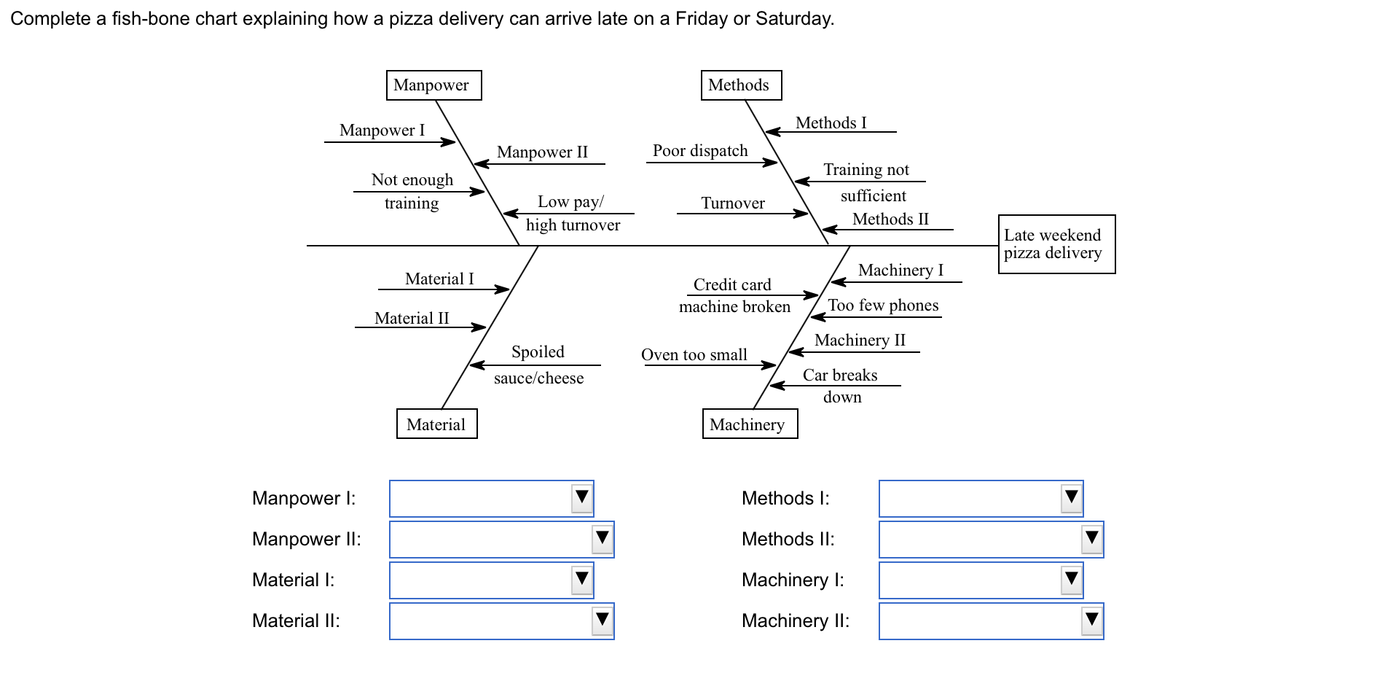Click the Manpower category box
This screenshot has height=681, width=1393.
[433, 85]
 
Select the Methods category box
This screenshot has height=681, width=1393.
[741, 85]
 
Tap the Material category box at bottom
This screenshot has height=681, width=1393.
[436, 424]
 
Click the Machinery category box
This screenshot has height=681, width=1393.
[750, 424]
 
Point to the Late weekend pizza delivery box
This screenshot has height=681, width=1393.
[1056, 244]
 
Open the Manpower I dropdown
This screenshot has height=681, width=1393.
[491, 499]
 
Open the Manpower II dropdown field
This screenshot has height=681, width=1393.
[501, 540]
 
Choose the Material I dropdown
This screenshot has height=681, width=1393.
[491, 580]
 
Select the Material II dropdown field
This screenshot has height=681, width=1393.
[501, 621]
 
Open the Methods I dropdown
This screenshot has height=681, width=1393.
[981, 499]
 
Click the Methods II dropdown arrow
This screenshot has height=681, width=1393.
[1091, 540]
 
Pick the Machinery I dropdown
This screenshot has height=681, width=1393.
[981, 580]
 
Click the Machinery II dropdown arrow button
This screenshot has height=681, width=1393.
[1091, 621]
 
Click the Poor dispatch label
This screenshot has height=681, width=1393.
[700, 151]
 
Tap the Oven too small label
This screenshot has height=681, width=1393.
[694, 355]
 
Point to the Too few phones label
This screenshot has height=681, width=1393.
[883, 306]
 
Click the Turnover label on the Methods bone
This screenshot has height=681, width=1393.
[733, 203]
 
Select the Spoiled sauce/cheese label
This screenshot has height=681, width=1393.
[538, 365]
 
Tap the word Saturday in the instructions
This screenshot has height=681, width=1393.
[793, 19]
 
